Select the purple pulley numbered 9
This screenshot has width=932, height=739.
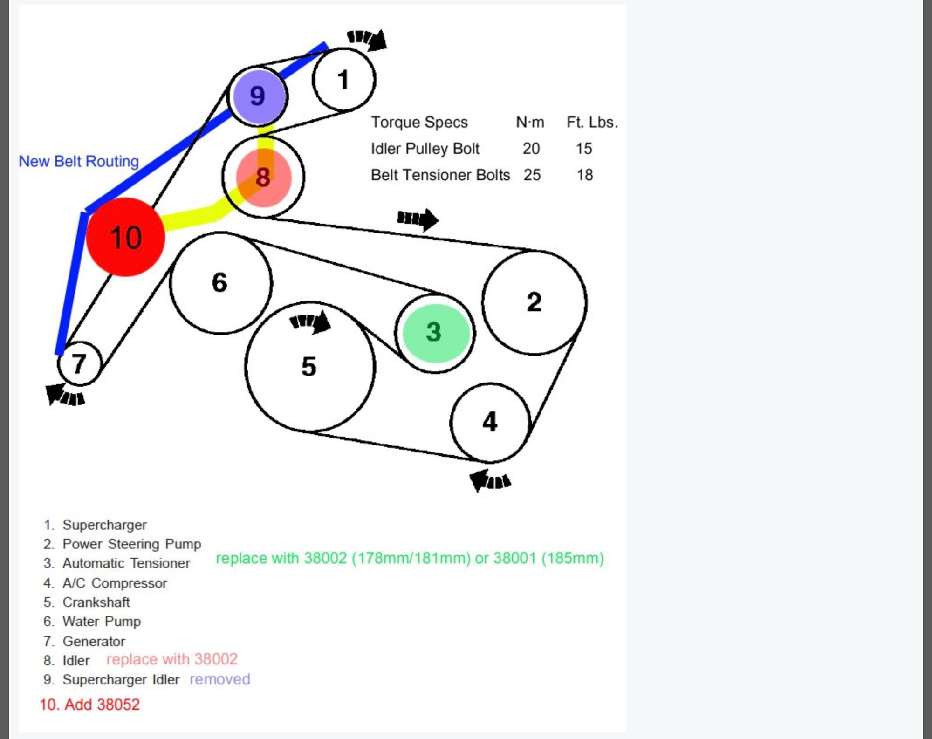(x=258, y=96)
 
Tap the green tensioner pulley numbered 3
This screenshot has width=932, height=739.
(x=435, y=333)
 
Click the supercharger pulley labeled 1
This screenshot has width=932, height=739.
(x=344, y=80)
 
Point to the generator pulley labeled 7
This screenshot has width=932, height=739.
(x=79, y=364)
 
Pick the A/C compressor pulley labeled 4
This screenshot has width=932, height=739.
(x=490, y=422)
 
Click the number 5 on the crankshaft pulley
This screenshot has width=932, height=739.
(x=309, y=367)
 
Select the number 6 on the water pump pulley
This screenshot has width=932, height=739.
(x=219, y=282)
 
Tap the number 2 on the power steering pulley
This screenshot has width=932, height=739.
(x=534, y=302)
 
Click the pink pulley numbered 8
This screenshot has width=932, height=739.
(x=264, y=178)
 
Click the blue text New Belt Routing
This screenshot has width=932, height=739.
(x=79, y=161)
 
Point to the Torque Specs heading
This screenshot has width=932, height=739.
(x=419, y=122)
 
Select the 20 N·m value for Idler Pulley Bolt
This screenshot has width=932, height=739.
(x=531, y=149)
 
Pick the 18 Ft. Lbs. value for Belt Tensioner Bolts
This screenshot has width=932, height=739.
(x=585, y=175)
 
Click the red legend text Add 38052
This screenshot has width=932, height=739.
(x=89, y=704)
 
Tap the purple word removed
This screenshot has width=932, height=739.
(x=219, y=679)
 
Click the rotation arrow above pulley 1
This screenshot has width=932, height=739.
(x=367, y=39)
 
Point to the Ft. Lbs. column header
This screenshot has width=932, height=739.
(x=592, y=122)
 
